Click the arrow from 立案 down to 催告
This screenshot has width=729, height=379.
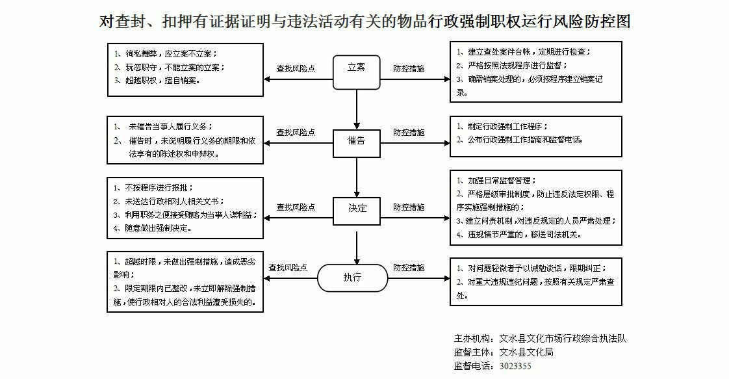coord(357,109)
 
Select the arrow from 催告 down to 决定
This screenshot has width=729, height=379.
coord(357,177)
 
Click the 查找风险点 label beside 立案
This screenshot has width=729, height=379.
coord(296,68)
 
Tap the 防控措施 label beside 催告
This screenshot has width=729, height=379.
coord(409,133)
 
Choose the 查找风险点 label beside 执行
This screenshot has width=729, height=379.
coord(288,267)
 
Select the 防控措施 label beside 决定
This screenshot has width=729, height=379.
coord(409,207)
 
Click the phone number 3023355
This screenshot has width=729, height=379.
coord(515,366)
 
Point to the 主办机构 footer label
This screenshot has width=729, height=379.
coord(473,339)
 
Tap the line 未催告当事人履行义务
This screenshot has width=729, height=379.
coord(170,127)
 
